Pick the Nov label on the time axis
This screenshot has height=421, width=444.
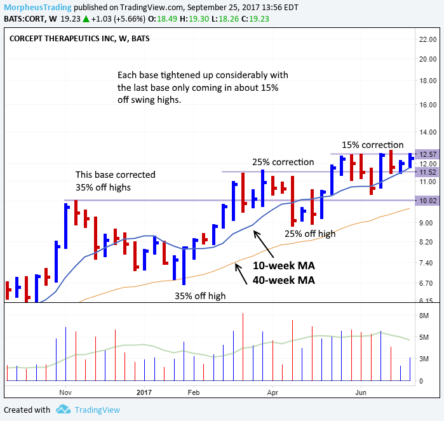point(65,392)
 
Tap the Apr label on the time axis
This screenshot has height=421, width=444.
point(272,392)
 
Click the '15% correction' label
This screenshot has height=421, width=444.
point(373,145)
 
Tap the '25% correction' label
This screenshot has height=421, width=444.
point(283,161)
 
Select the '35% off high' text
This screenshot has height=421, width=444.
point(200,295)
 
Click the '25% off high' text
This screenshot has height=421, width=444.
point(310,233)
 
